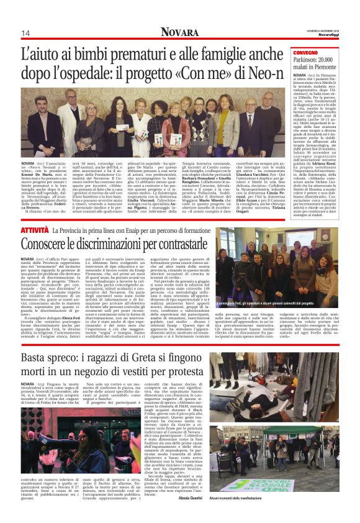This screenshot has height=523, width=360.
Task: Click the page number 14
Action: [x=25, y=33]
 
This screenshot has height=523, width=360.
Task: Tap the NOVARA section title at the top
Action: [x=179, y=32]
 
